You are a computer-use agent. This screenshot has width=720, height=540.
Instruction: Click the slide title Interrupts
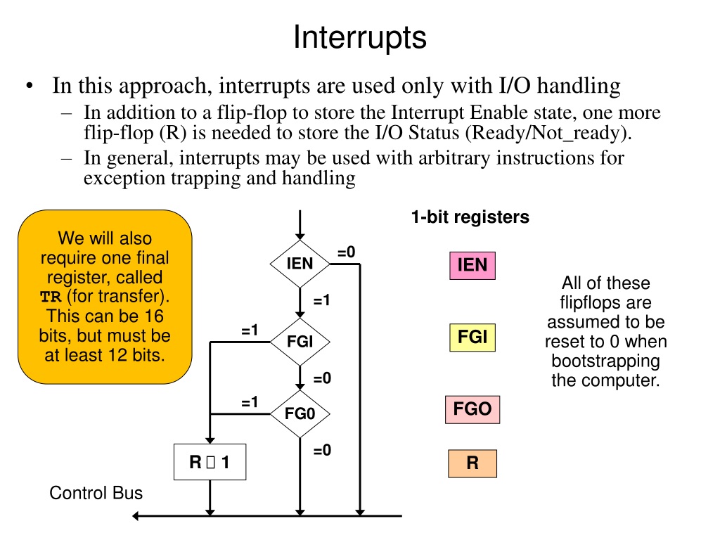coord(360,37)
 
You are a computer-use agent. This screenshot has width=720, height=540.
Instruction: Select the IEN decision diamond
coord(300,264)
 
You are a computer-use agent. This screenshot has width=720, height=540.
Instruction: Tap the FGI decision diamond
coord(300,342)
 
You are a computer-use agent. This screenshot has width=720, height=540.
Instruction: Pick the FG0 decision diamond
coord(300,413)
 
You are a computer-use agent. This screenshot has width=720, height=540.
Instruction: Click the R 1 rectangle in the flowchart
coord(210,462)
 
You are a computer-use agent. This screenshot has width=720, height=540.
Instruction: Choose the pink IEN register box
coord(472,265)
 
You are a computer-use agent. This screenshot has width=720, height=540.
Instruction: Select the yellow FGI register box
coord(472,337)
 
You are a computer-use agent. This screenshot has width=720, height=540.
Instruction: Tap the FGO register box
coord(472,409)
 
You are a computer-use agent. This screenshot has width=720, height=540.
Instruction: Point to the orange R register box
coord(472,463)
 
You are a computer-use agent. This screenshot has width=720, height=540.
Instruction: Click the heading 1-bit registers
coord(470,217)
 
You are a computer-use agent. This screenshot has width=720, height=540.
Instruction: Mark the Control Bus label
coord(96,493)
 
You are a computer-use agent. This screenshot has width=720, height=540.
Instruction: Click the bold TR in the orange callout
coord(51,297)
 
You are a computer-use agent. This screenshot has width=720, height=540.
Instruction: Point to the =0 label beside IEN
coord(346,252)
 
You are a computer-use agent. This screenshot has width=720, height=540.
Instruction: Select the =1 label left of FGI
coord(250,330)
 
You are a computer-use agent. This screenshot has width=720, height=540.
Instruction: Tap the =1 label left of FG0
coord(250,402)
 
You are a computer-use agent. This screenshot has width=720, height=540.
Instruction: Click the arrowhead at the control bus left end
coord(135,516)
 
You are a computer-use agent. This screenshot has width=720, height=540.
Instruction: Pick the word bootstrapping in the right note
coord(605,361)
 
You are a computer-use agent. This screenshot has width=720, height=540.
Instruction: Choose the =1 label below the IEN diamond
coord(322,300)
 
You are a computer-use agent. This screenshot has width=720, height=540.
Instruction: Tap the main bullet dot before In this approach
coord(30,85)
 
